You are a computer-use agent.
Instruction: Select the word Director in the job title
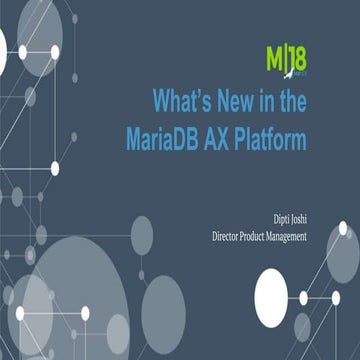(229, 236)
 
